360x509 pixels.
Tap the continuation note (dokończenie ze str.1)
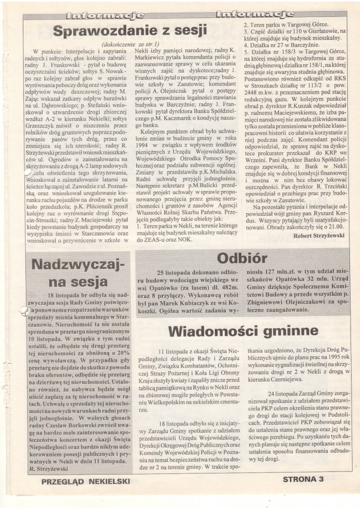click(x=128, y=45)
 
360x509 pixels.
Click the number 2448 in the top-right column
click(x=250, y=119)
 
